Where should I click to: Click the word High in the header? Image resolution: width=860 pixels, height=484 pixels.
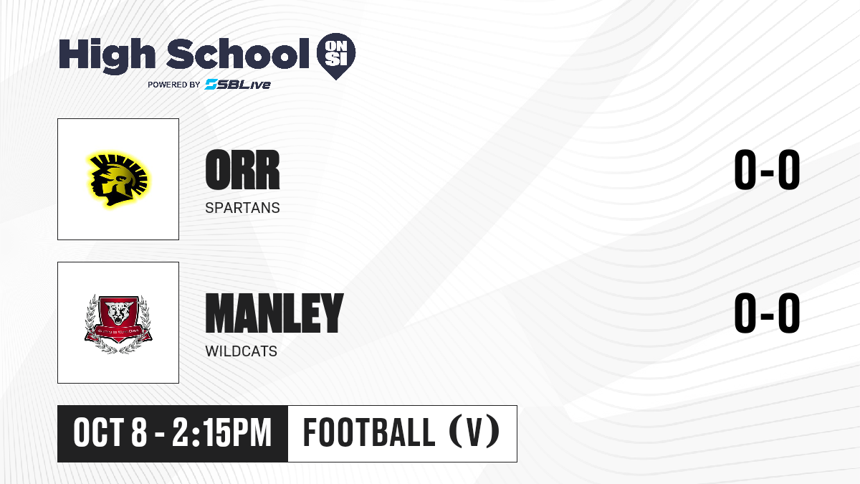tap(107, 55)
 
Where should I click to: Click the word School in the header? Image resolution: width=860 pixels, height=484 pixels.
tap(238, 54)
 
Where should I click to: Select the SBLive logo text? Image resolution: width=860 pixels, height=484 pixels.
tap(238, 84)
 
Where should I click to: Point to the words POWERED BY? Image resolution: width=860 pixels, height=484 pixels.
tap(174, 85)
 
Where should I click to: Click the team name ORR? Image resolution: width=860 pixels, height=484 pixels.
tap(243, 170)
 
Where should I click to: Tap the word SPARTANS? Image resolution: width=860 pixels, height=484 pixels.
tap(243, 208)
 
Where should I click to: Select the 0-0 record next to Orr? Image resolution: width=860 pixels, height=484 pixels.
tap(767, 170)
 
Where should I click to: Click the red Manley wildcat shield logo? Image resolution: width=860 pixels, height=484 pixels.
tap(118, 323)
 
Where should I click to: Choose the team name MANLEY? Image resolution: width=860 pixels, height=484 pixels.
tap(274, 313)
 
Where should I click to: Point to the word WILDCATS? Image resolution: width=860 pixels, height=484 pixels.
tap(241, 351)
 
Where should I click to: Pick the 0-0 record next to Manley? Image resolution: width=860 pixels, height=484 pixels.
tap(767, 313)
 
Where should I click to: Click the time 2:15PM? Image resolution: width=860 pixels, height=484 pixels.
tap(222, 433)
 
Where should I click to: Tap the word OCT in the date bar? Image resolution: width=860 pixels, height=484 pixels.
tap(98, 433)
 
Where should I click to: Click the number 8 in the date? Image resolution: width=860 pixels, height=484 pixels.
tap(139, 433)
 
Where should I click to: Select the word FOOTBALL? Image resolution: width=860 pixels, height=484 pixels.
tap(369, 432)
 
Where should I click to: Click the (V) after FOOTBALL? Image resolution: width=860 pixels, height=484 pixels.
tap(474, 432)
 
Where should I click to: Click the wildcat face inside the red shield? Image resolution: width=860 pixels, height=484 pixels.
tap(119, 313)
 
